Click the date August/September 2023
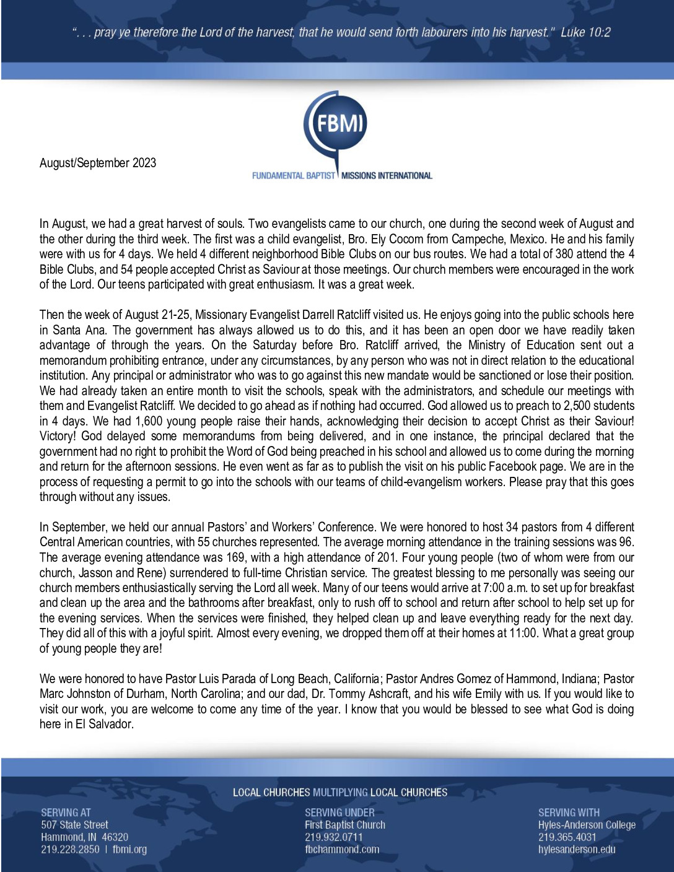[98, 163]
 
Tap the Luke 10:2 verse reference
[585, 32]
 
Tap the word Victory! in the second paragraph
[59, 436]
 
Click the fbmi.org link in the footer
[129, 849]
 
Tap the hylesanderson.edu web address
[577, 849]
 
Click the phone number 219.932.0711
[334, 837]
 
